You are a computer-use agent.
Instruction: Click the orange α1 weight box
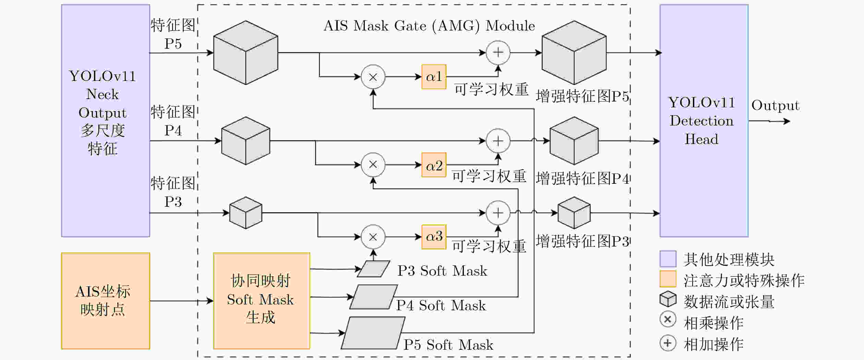[x=434, y=77]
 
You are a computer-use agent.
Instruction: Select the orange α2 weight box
[x=434, y=165]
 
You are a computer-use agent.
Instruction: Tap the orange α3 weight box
[x=434, y=237]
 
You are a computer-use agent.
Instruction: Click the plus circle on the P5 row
[x=498, y=53]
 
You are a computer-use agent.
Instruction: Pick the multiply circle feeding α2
[x=373, y=165]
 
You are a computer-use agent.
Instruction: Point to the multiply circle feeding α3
[x=373, y=237]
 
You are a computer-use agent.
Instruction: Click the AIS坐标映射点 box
[x=106, y=301]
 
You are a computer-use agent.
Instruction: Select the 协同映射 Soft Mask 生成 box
[x=262, y=301]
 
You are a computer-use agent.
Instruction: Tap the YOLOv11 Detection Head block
[x=704, y=121]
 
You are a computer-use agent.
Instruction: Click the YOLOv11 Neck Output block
[x=106, y=121]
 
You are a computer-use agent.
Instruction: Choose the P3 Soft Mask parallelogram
[x=373, y=269]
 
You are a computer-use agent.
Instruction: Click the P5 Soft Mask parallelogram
[x=373, y=333]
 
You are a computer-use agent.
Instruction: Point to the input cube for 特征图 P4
[x=245, y=141]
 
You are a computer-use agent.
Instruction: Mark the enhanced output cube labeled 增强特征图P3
[x=574, y=213]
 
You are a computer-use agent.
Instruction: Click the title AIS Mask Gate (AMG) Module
[x=429, y=26]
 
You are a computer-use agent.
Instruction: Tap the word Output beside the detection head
[x=776, y=106]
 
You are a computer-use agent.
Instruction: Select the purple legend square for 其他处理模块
[x=668, y=259]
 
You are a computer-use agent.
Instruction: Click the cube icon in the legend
[x=668, y=299]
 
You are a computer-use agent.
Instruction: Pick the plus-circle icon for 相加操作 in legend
[x=668, y=343]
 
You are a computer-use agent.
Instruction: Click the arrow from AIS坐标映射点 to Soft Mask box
[x=182, y=301]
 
